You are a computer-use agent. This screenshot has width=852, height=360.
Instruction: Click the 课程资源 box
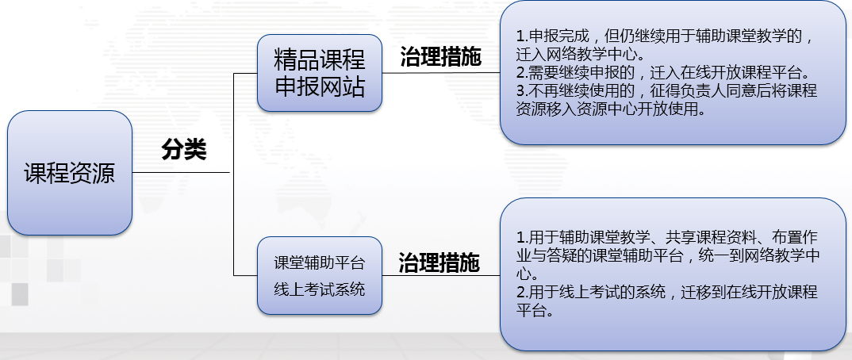70,173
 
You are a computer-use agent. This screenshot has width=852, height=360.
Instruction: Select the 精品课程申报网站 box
320,73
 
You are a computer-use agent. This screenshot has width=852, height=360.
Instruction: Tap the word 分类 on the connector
184,149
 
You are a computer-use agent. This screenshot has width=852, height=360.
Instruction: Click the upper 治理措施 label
440,56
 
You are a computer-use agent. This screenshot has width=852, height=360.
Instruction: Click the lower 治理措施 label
439,262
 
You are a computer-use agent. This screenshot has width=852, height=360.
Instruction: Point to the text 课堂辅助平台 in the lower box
320,262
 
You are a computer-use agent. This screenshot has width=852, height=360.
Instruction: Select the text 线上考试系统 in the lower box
320,289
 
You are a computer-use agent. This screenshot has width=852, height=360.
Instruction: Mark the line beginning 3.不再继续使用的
666,90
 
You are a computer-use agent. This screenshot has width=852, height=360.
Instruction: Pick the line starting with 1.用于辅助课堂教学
666,237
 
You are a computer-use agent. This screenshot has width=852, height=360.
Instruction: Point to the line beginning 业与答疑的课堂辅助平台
666,255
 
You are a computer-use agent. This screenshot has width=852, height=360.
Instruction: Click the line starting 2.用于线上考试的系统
666,292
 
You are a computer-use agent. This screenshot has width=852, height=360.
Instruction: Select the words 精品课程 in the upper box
320,59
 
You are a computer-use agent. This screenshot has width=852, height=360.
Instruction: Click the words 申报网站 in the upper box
320,87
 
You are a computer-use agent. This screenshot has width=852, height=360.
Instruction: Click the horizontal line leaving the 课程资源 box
182,173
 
